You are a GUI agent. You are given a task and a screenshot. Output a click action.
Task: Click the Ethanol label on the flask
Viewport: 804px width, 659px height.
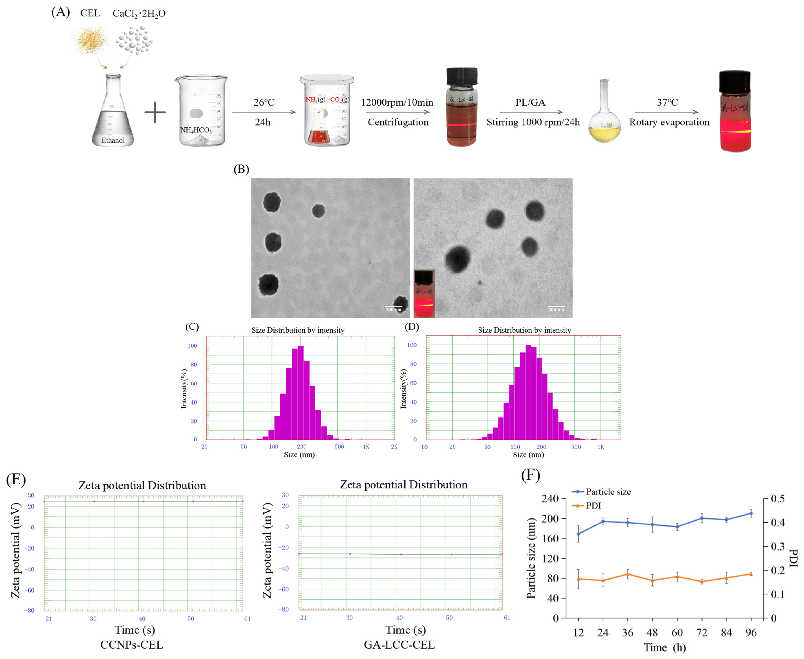tap(113, 140)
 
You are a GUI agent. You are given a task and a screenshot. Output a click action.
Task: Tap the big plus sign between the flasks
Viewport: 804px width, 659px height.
tap(155, 112)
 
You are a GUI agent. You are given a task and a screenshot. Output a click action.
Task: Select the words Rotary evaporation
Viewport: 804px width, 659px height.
tap(669, 122)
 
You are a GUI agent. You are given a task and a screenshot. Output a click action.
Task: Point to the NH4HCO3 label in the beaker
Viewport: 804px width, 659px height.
tap(195, 130)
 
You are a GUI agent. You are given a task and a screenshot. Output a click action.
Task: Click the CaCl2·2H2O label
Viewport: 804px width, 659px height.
tap(139, 14)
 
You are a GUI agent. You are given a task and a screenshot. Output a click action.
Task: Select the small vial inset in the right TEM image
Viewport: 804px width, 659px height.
tap(424, 293)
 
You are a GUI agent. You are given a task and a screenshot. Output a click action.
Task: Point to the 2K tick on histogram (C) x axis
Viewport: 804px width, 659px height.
tap(394, 447)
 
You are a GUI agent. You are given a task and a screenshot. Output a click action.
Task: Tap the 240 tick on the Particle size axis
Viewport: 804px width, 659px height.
tap(550, 498)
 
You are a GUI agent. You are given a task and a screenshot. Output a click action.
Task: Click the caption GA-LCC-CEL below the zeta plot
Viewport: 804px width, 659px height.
tap(399, 645)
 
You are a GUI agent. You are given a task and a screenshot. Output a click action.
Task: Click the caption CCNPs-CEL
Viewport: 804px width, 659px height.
tap(132, 645)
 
